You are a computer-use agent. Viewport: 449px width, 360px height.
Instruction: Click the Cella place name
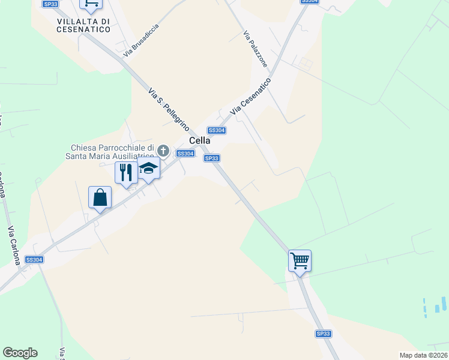pyautogui.click(x=200, y=140)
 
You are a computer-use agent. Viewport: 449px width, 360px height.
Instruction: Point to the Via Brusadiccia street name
pyautogui.click(x=141, y=41)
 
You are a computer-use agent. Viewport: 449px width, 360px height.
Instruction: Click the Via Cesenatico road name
pyautogui.click(x=251, y=95)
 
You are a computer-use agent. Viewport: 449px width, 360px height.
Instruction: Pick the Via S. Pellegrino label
pyautogui.click(x=169, y=109)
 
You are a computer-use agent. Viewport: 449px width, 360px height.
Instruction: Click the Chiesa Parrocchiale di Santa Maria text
pyautogui.click(x=113, y=152)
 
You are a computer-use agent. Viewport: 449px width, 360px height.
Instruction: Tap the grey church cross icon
pyautogui.click(x=163, y=149)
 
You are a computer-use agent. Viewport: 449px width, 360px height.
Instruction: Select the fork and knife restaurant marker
pyautogui.click(x=126, y=173)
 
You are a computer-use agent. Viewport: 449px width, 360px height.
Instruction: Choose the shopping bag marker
pyautogui.click(x=100, y=197)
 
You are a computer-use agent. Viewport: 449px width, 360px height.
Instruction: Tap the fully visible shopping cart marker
pyautogui.click(x=300, y=261)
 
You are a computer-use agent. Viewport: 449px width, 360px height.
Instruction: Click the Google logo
pyautogui.click(x=20, y=353)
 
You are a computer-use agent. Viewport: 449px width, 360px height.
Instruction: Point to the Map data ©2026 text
pyautogui.click(x=423, y=355)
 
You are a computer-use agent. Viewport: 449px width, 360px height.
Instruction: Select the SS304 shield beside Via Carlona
pyautogui.click(x=34, y=260)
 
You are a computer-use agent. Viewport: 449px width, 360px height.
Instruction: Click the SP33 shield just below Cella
pyautogui.click(x=211, y=158)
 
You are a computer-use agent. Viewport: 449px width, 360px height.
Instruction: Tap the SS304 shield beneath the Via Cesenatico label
pyautogui.click(x=216, y=130)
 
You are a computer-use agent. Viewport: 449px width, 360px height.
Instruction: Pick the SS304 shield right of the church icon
pyautogui.click(x=185, y=154)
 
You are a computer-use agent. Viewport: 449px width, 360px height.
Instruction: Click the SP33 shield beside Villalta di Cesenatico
pyautogui.click(x=50, y=4)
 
